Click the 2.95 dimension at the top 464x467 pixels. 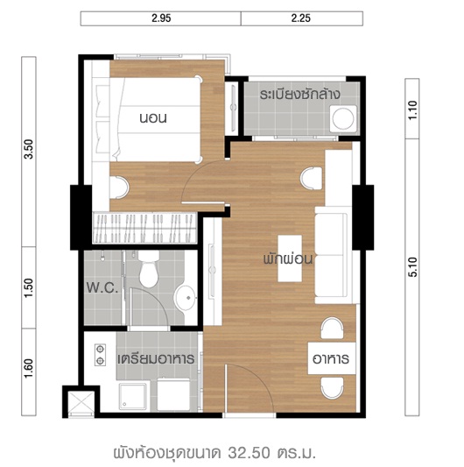(161, 18)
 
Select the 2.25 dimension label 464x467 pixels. (301, 18)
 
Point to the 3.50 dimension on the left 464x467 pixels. (29, 150)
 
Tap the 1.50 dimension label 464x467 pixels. (29, 288)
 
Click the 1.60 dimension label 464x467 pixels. (29, 369)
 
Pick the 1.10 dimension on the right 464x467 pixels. (412, 110)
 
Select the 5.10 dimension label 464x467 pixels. (412, 267)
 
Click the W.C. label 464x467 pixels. (102, 288)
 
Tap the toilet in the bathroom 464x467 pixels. (149, 269)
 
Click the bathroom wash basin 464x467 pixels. (185, 298)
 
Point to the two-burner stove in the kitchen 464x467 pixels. (100, 355)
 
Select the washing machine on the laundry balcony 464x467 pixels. (343, 118)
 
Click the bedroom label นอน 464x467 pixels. (153, 118)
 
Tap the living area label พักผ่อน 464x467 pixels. (288, 258)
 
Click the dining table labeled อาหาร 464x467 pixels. (332, 358)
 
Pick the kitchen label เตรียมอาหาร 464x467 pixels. (156, 359)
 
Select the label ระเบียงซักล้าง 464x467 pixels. (300, 94)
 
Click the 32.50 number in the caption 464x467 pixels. (250, 453)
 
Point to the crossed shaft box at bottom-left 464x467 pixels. (81, 402)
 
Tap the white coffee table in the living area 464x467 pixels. (290, 258)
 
